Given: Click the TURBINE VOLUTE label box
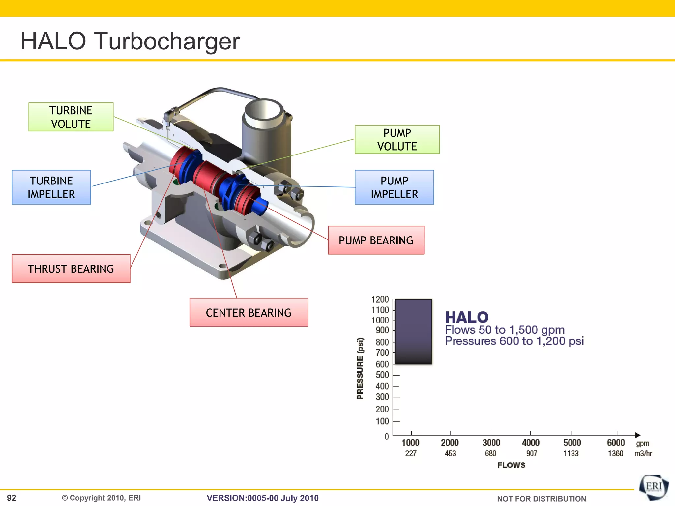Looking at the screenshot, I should [71, 117].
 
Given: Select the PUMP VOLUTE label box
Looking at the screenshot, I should [397, 139].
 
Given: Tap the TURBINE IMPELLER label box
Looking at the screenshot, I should [51, 187].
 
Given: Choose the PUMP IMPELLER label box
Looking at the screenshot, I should [394, 187].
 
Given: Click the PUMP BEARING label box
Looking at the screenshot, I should [376, 240].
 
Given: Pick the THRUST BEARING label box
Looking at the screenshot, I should [71, 268].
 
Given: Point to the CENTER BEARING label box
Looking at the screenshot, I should [249, 312].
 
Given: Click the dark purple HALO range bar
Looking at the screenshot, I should [413, 331].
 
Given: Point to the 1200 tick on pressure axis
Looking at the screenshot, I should [380, 299].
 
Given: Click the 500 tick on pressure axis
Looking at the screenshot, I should [382, 375].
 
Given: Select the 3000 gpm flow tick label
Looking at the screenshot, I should [491, 443].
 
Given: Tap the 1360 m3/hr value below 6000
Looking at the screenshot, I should [615, 453].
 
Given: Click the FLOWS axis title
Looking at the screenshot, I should [511, 465].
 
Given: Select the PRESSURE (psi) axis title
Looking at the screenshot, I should [360, 368].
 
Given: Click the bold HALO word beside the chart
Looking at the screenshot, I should [466, 317].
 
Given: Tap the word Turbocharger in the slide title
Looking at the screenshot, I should [167, 41].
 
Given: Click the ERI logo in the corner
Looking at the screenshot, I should [654, 487].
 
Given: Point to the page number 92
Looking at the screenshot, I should [12, 498].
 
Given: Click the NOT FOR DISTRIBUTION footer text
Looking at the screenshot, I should [541, 499].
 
